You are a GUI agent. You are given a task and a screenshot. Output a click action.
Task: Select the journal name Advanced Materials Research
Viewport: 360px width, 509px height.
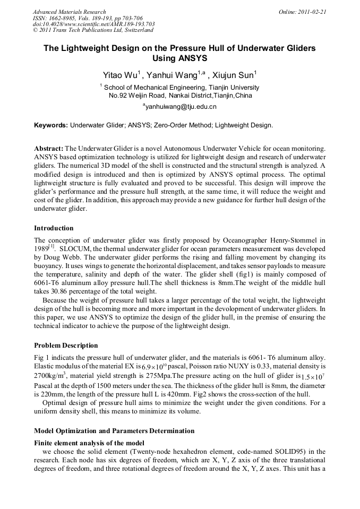pyautogui.click(x=69, y=12)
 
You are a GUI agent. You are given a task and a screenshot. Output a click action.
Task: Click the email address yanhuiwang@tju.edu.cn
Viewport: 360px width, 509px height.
pyautogui.click(x=181, y=107)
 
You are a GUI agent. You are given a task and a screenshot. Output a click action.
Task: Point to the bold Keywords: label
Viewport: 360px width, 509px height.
pyautogui.click(x=51, y=126)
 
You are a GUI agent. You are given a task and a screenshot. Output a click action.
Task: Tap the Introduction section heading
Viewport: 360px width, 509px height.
pyautogui.click(x=54, y=228)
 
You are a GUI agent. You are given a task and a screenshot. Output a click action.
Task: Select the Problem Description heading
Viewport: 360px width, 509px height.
pyautogui.click(x=66, y=346)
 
